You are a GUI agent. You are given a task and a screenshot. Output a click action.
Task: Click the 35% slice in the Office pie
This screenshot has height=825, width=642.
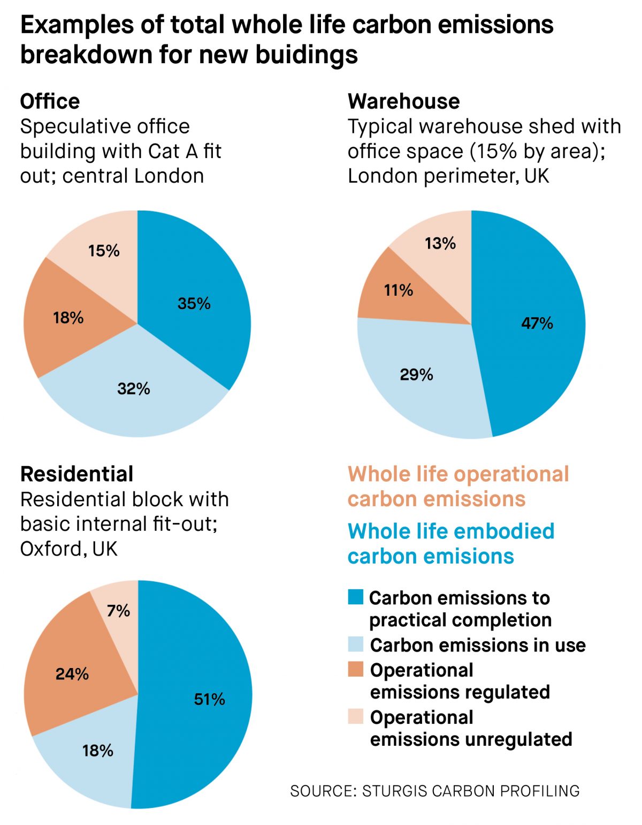[x=194, y=303]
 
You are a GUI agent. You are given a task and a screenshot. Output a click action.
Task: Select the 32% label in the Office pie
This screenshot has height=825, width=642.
[x=134, y=388]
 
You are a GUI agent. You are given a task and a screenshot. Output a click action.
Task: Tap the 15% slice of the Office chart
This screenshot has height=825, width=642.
[x=104, y=250]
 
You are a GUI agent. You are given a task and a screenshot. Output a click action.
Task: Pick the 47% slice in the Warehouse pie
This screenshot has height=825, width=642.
[x=537, y=323]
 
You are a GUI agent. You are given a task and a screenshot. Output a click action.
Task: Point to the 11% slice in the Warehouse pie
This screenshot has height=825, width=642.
[x=399, y=290]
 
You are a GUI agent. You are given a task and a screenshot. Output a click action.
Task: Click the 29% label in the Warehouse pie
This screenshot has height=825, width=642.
[x=416, y=374]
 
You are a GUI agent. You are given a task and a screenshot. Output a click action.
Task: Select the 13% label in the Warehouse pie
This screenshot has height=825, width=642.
[x=440, y=243]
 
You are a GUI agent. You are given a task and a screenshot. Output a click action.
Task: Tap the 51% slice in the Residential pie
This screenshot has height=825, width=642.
[x=209, y=699]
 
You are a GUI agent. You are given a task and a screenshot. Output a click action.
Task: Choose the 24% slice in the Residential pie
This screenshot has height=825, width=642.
[x=72, y=673]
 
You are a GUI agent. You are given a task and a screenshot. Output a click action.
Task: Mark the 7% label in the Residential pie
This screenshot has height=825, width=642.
[x=118, y=611]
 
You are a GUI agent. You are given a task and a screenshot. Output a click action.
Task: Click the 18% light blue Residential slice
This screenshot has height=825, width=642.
[x=98, y=750]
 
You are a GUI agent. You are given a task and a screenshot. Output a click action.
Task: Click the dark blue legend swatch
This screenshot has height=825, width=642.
[x=355, y=597]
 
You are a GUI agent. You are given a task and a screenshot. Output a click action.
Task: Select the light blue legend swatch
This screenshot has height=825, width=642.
[x=355, y=644]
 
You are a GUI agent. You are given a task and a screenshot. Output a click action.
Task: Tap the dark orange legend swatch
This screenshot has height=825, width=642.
[x=355, y=669]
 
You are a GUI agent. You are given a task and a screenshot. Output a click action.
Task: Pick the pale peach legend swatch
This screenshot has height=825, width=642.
[x=355, y=716]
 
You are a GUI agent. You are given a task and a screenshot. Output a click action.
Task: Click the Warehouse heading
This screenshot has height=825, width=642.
[x=403, y=101]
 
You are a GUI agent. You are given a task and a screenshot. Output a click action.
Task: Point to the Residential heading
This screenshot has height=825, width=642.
[x=77, y=474]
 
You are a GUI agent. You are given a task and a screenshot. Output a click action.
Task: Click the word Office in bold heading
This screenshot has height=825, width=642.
[x=50, y=101]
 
